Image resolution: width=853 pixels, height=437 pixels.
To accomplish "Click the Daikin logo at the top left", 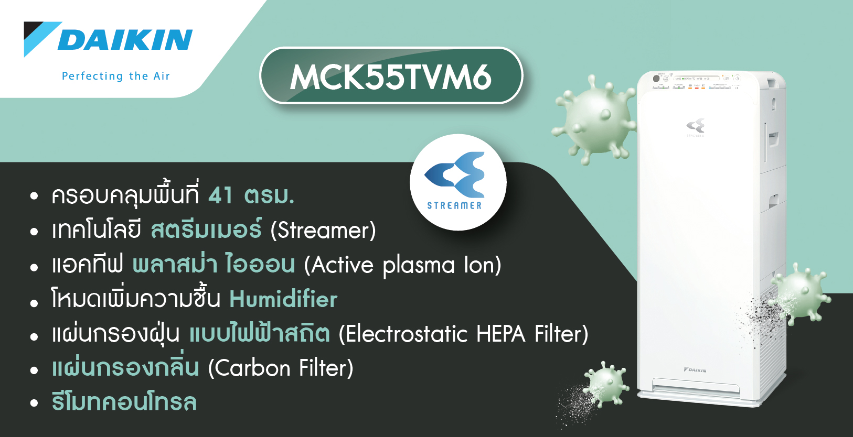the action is (x=108, y=39).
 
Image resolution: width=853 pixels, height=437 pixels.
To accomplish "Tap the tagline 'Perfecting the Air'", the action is (x=116, y=76).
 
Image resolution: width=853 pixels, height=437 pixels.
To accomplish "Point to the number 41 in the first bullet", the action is (x=220, y=195).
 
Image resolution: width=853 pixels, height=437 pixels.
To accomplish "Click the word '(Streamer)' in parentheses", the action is (x=323, y=230).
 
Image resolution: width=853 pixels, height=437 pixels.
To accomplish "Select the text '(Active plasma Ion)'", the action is (x=402, y=265).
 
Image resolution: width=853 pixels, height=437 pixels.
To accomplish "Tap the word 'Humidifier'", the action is (x=283, y=299).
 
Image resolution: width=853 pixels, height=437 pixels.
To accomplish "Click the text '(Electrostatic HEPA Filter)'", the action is (x=463, y=334).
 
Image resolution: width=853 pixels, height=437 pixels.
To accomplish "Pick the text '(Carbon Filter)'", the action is (x=281, y=368).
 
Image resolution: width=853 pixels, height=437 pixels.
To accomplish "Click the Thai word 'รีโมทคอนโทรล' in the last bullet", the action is (x=124, y=402).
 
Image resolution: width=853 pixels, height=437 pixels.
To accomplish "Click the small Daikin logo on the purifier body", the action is (x=695, y=370).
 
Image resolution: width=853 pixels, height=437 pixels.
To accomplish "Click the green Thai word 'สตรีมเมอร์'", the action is (x=206, y=229).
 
